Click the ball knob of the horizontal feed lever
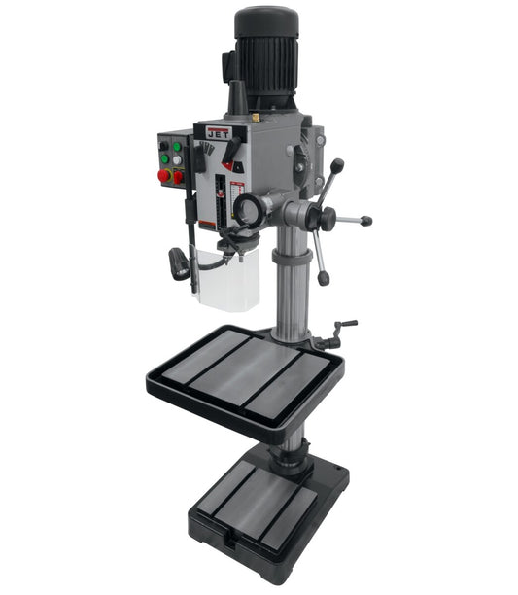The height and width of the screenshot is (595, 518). (367, 221)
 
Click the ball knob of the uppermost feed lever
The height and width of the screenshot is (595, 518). (339, 164)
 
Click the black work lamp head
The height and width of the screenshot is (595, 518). (179, 262)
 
